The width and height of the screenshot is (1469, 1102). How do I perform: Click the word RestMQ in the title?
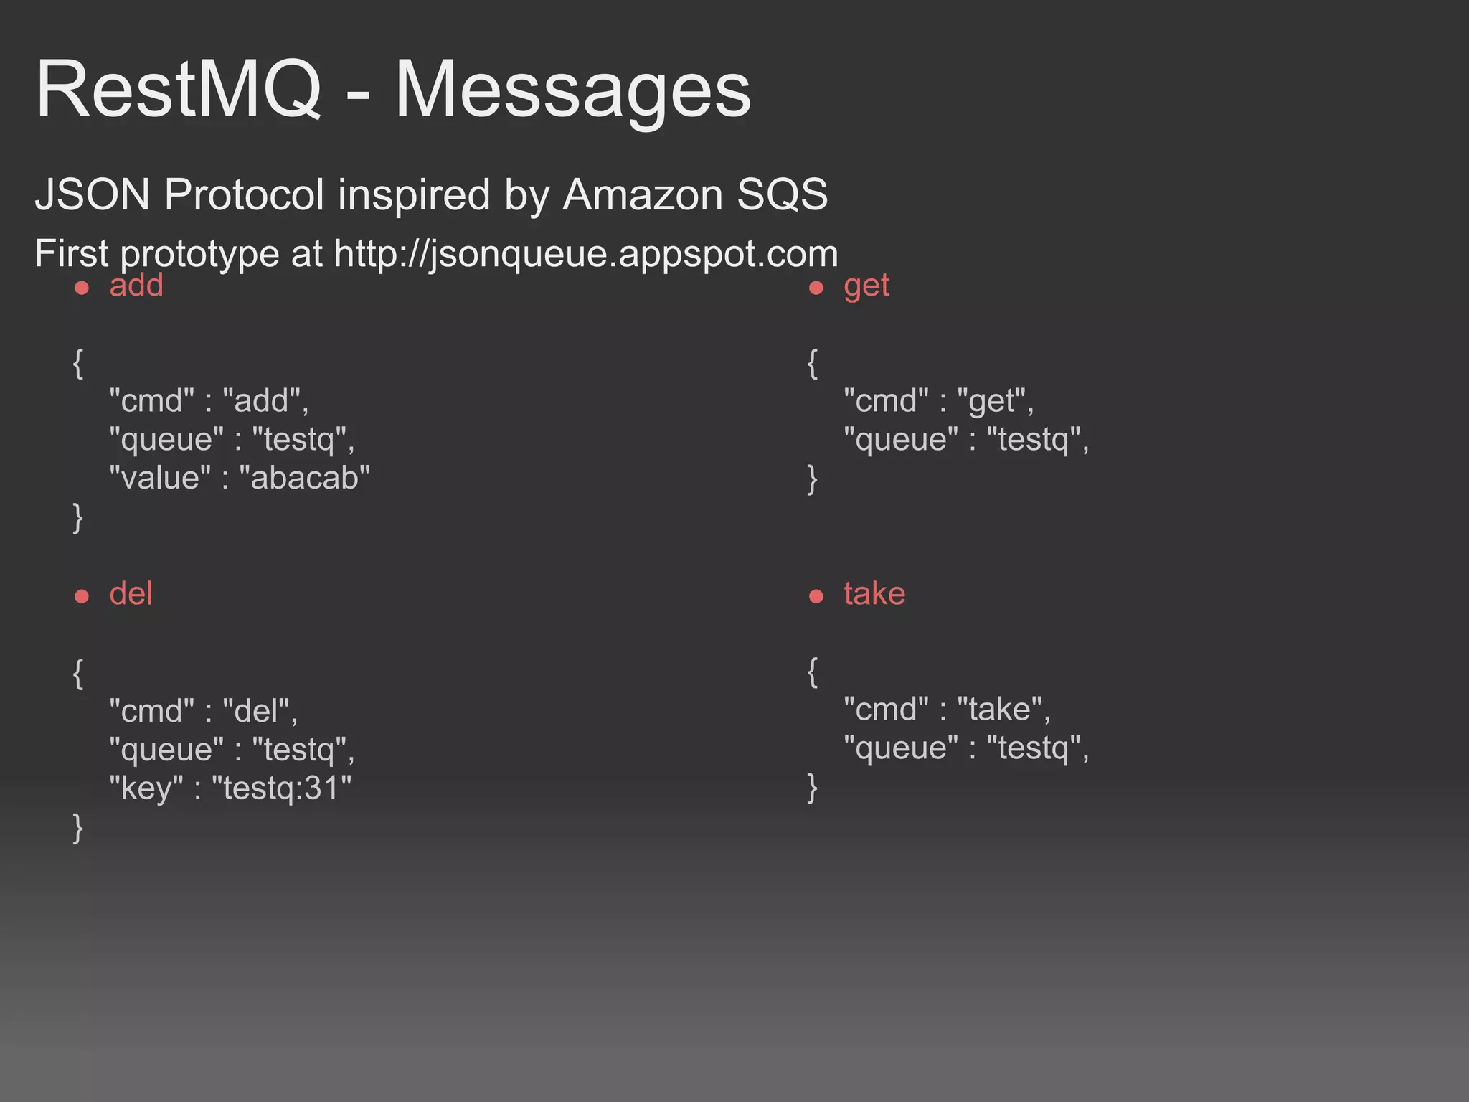pos(178,90)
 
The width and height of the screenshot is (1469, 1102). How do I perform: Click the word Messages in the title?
pos(572,90)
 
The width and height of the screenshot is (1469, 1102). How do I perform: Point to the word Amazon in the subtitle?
pos(643,194)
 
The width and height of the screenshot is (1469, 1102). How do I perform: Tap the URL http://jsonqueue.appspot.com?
pos(585,253)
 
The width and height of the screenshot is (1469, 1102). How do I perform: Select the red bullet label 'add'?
pos(136,286)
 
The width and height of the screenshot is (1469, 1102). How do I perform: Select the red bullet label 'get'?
pos(866,286)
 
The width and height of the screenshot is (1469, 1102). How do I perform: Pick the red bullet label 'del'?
pos(131,594)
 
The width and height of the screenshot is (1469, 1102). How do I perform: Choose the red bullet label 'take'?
pos(874,594)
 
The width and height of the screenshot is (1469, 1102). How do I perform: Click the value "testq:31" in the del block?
pos(281,788)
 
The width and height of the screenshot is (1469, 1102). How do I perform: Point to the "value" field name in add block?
pos(160,478)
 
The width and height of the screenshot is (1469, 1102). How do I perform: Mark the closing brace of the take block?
pos(812,787)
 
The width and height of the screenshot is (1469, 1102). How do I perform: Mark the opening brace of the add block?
pos(78,363)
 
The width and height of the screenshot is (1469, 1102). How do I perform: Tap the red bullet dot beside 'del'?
pos(82,596)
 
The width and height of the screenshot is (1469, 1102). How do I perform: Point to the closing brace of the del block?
pos(78,827)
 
